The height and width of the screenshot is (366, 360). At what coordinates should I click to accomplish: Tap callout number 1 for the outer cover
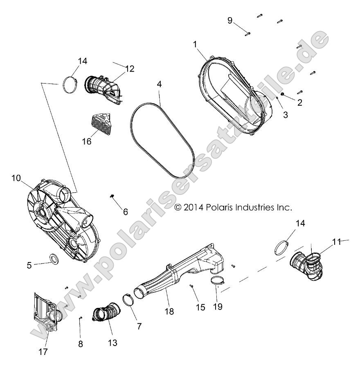coord(196,44)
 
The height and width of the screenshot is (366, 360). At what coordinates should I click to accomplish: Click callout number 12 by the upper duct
coord(130,69)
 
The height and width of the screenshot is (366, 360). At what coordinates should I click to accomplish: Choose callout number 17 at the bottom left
coord(43,351)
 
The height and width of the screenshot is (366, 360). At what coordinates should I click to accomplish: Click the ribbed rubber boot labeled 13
coord(105,313)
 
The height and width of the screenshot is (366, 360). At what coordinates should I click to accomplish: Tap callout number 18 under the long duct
coord(169,312)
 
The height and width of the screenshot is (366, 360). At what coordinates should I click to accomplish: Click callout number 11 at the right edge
coord(337,242)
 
